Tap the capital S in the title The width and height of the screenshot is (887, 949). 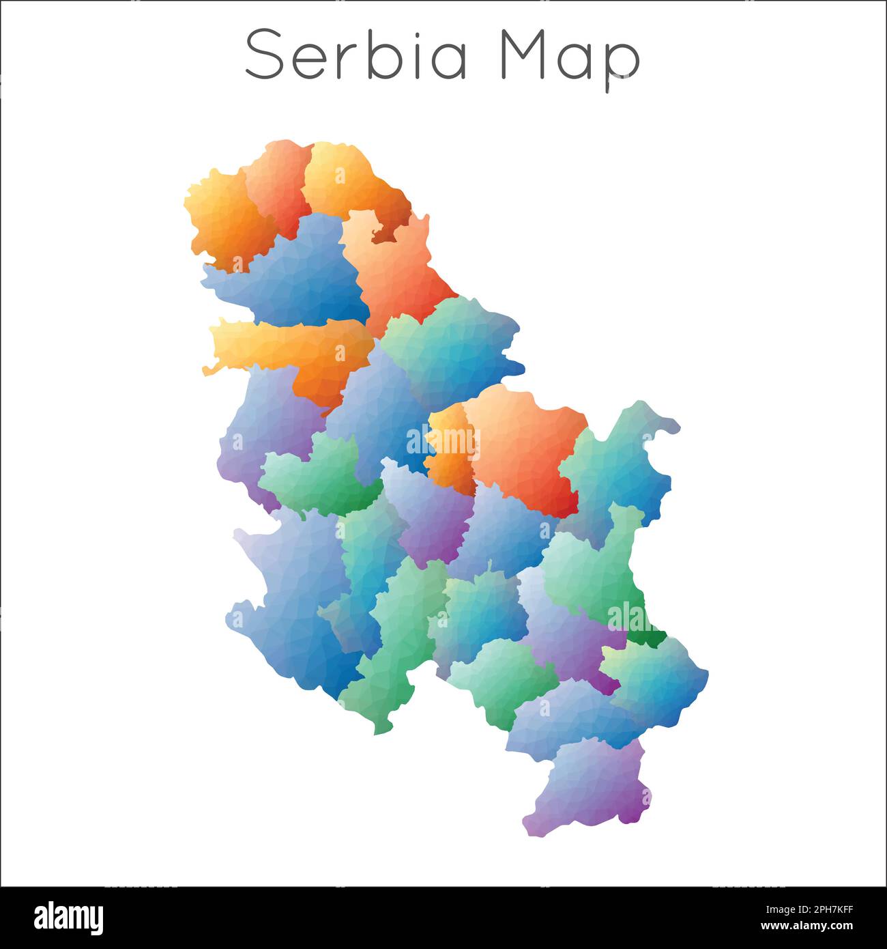263,55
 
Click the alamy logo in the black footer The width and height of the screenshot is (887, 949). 68,918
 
